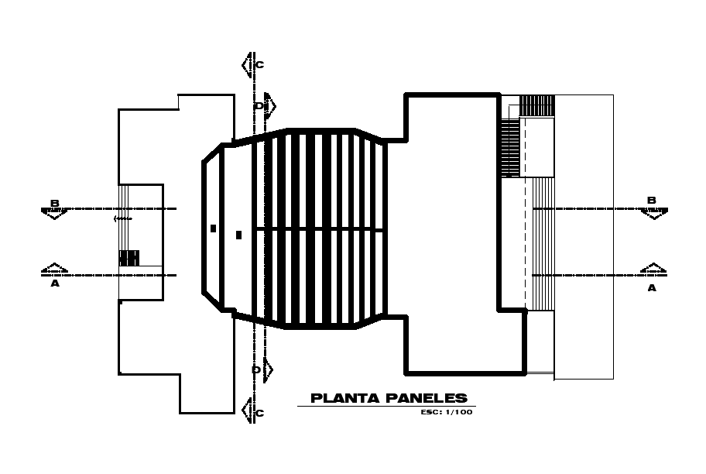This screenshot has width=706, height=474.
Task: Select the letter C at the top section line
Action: click(259, 65)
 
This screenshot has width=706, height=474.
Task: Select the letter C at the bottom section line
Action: click(259, 414)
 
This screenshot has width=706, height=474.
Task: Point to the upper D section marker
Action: click(261, 105)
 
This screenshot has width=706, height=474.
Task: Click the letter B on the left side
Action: click(55, 203)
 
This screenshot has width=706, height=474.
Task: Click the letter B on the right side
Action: click(652, 201)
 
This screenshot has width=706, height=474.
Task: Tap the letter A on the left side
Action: click(55, 283)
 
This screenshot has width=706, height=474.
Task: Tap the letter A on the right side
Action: click(652, 287)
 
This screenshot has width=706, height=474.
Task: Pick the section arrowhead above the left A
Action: click(54, 268)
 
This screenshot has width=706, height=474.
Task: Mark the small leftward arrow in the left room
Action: click(122, 218)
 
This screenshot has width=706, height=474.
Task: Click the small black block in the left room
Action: click(129, 257)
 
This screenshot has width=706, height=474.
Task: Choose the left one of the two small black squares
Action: click(213, 228)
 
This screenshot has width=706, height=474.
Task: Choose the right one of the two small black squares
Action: click(238, 234)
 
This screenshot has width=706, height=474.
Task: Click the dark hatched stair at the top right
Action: click(536, 105)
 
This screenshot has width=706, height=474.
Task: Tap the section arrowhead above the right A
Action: click(652, 268)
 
